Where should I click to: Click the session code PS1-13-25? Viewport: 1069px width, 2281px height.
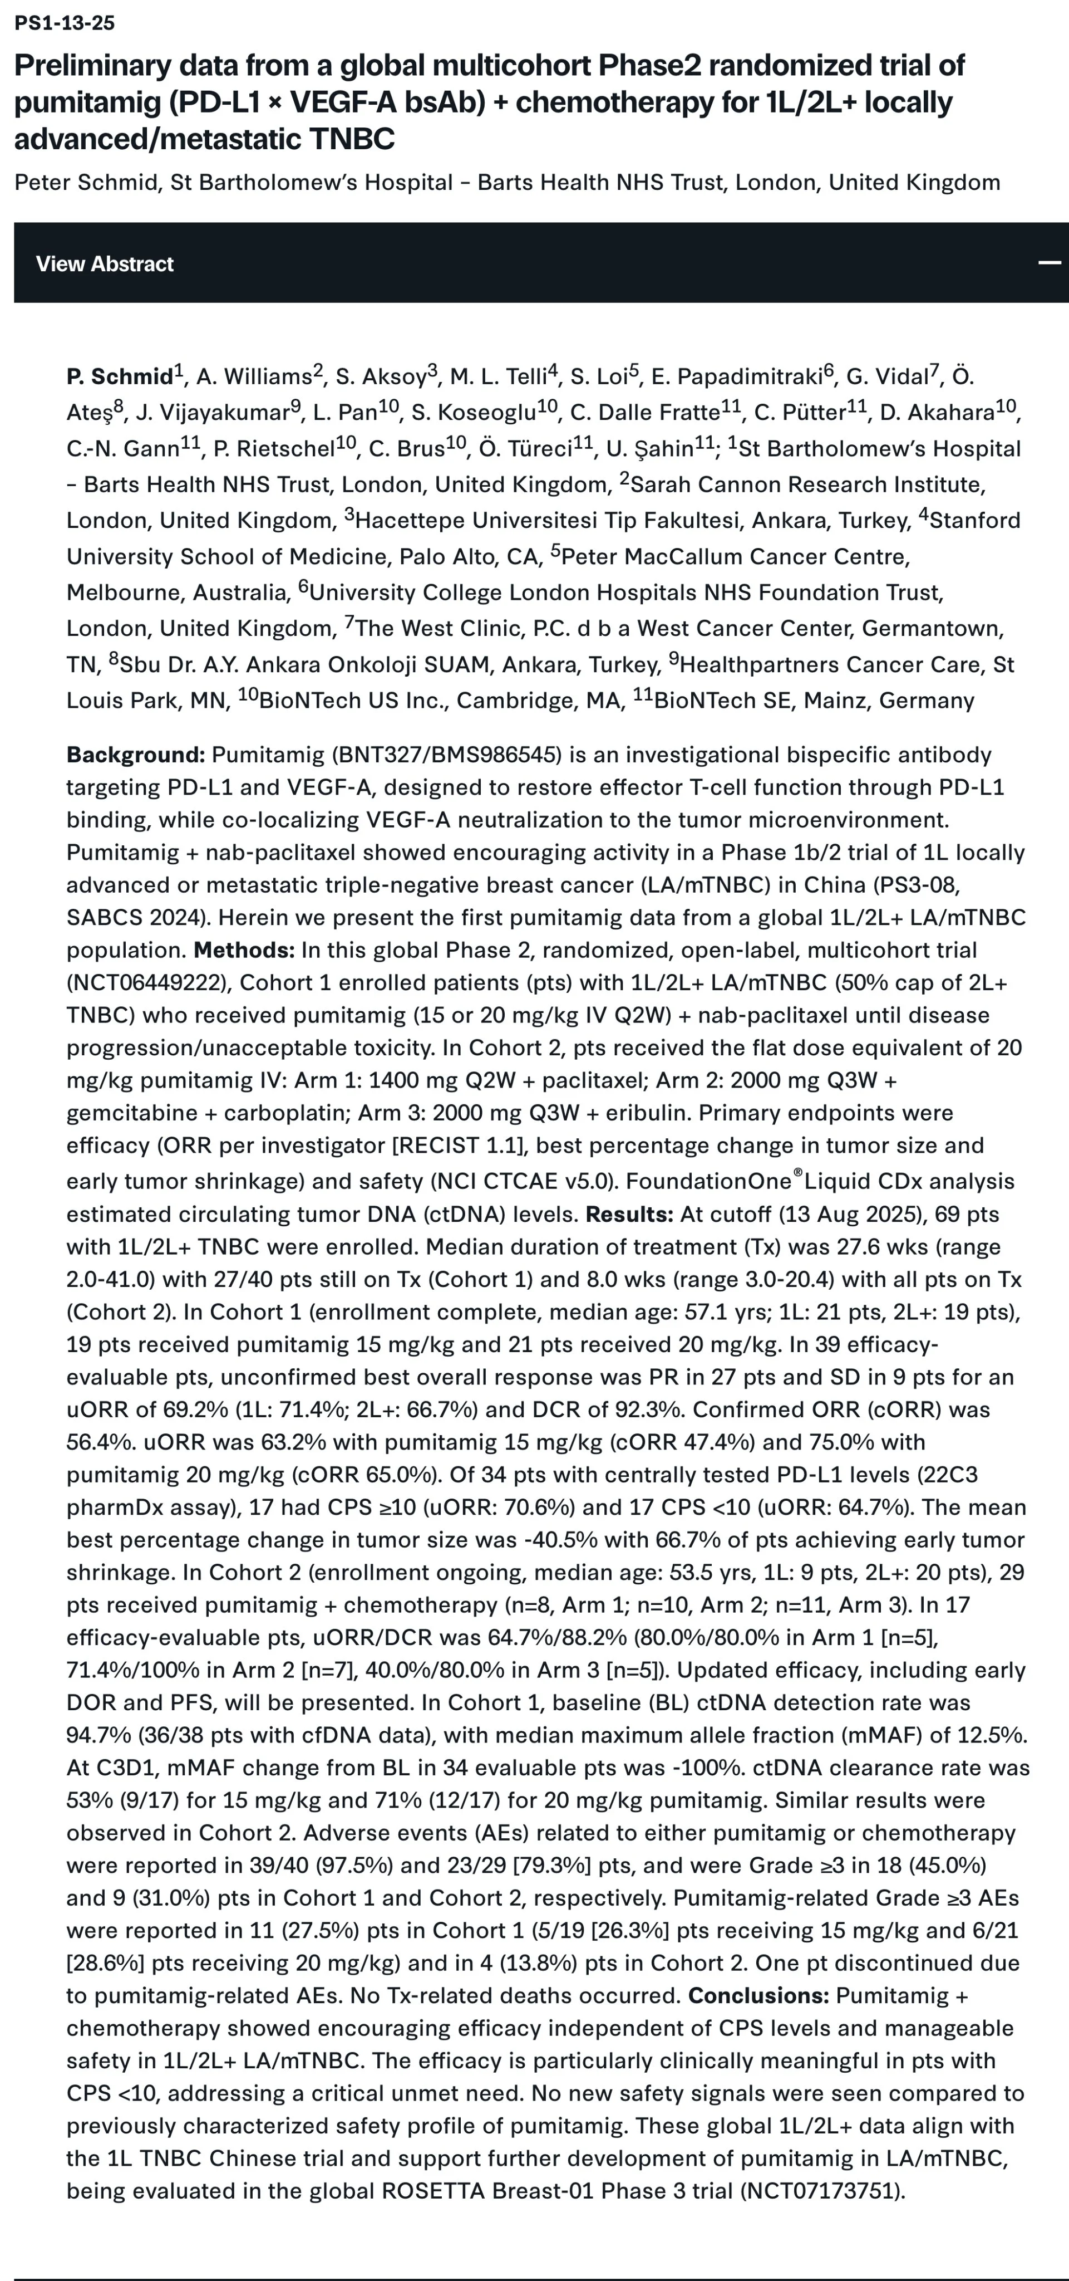(65, 23)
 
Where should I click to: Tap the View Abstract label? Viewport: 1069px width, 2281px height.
(105, 264)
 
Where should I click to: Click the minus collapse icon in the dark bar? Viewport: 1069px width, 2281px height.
(1050, 263)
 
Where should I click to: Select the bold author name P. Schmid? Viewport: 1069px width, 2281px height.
(120, 377)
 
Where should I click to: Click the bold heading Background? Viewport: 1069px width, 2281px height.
(135, 755)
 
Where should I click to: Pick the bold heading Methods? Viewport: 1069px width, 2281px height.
(244, 950)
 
